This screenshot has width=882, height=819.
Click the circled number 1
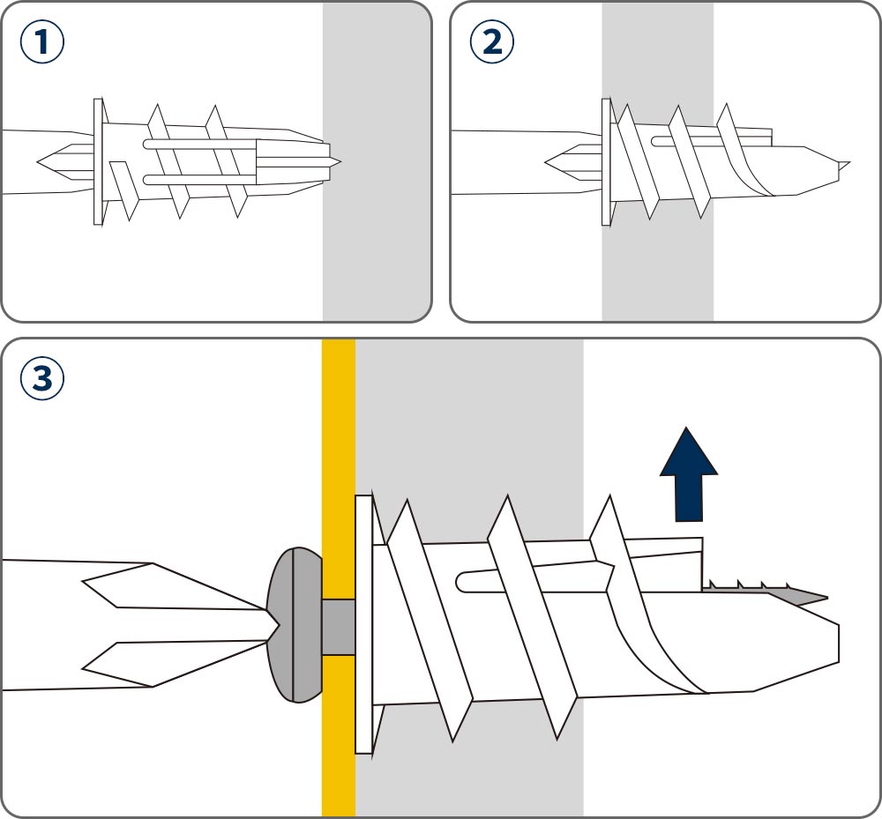[43, 44]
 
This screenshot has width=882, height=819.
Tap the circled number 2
[492, 44]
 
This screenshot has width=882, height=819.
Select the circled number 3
[42, 380]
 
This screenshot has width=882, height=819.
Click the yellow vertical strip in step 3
[338, 441]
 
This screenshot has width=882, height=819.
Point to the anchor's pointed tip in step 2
[843, 164]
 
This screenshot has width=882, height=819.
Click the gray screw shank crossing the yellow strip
[338, 627]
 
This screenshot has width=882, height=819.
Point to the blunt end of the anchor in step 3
[833, 644]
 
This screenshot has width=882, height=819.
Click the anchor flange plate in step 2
[606, 161]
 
